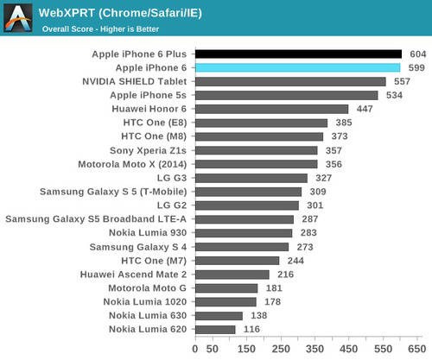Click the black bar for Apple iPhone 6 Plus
coord(298,54)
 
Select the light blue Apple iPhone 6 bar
coord(298,68)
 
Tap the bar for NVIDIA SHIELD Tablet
coord(290,81)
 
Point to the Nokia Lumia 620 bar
coord(215,330)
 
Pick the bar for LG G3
coord(251,178)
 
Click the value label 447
coord(365,109)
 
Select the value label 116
coord(251,329)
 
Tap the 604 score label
coord(418,54)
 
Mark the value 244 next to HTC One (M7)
coord(295,261)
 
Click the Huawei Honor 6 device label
coord(149,109)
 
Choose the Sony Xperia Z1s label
coord(148,150)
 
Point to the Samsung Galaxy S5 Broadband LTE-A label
coord(96,219)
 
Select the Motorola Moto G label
coord(147,288)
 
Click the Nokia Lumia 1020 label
coord(145,302)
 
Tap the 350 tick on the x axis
coord(314,349)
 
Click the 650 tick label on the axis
coord(417,349)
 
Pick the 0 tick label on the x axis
coord(195,349)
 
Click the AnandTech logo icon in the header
coord(18,18)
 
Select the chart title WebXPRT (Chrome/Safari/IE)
coord(120,13)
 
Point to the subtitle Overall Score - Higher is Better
coord(100,29)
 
